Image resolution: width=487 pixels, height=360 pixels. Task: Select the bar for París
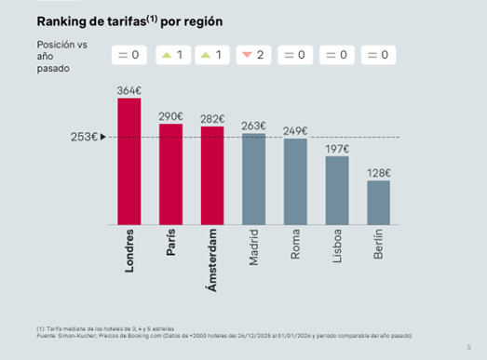170,174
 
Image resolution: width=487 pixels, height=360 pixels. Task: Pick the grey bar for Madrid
253,179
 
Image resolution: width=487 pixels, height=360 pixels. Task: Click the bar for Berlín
378,202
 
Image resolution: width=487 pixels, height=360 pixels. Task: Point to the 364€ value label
129,90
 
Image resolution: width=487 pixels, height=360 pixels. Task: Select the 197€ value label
337,149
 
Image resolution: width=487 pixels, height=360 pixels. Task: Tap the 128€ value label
378,173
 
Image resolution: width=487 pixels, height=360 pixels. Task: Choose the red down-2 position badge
253,56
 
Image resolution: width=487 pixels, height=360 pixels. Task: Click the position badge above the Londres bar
129,56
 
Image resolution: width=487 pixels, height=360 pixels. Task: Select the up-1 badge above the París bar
170,56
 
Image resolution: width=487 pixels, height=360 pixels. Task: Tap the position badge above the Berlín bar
378,56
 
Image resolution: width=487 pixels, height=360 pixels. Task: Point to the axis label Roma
295,245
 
